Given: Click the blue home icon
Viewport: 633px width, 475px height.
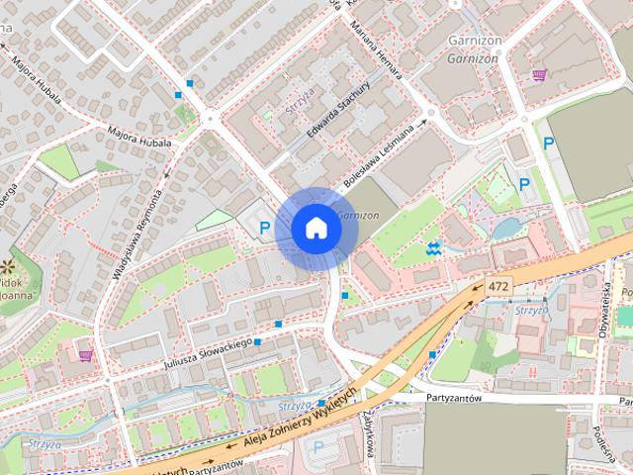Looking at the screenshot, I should [316, 229].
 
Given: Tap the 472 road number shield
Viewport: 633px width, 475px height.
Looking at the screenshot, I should [498, 287].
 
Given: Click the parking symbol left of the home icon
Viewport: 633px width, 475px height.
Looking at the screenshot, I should [264, 229].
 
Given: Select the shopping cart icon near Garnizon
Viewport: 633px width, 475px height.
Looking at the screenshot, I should [539, 74].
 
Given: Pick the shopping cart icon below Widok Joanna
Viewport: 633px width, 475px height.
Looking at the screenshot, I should [85, 353].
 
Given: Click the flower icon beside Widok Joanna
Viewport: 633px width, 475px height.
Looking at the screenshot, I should [9, 266].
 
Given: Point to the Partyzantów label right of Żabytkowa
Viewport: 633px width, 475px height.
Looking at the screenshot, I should [453, 398].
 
